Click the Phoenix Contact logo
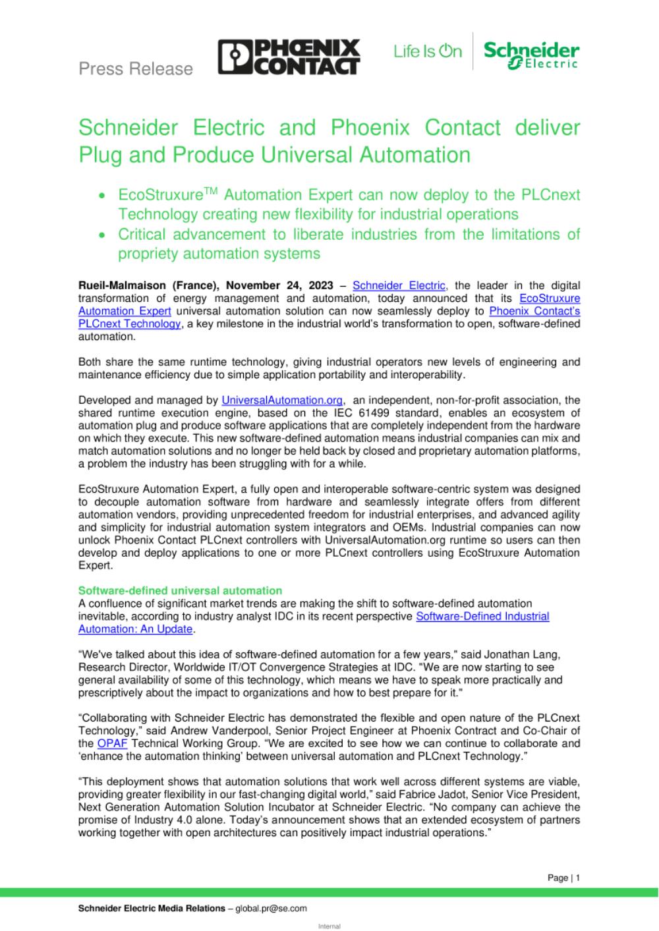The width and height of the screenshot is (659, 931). (289, 57)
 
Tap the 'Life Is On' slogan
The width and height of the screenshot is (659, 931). (428, 51)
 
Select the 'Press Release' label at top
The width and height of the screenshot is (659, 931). (136, 69)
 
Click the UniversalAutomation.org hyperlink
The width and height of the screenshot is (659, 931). (283, 400)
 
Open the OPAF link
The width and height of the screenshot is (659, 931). (109, 744)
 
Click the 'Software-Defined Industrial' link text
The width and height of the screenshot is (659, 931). (482, 617)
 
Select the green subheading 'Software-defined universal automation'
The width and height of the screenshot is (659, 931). (180, 591)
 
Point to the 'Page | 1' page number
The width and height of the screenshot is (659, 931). (563, 878)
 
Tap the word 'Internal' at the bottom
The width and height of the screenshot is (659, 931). (329, 926)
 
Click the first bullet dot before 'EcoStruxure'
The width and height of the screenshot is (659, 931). (101, 196)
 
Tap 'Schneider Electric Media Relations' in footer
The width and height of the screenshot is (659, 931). (152, 909)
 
